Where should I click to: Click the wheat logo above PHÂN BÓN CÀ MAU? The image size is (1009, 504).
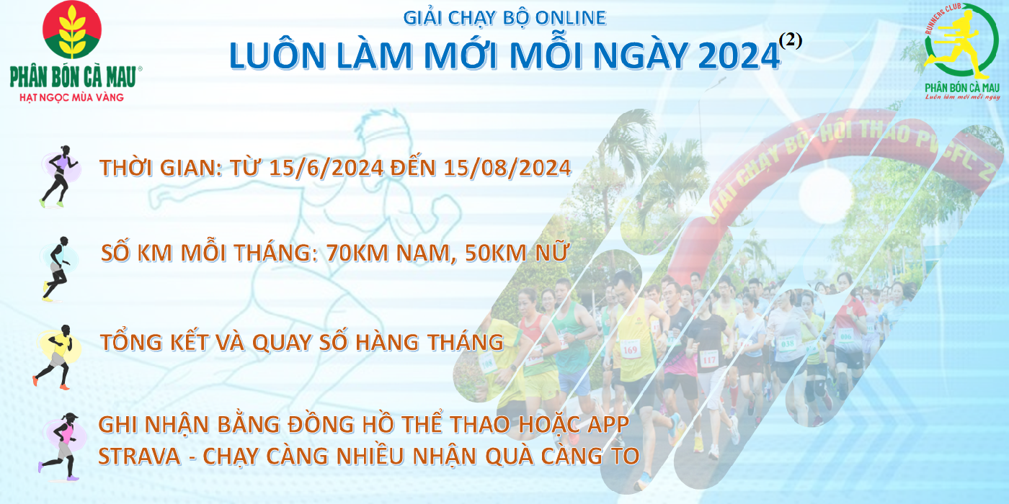[x=72, y=30]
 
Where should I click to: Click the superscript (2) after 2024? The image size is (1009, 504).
[x=791, y=42]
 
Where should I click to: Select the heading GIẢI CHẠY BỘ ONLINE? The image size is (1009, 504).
[x=504, y=18]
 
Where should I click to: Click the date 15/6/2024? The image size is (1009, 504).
[x=326, y=168]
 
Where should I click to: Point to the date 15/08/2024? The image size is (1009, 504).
[x=507, y=168]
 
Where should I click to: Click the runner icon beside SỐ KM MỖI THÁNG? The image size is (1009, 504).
[x=58, y=269]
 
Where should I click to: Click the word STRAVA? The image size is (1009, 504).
[x=139, y=456]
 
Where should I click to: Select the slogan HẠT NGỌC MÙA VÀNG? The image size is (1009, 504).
[x=71, y=97]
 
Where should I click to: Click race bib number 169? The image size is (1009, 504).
[x=630, y=350]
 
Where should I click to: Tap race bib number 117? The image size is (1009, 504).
[x=708, y=359]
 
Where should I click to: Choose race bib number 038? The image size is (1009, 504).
[x=787, y=344]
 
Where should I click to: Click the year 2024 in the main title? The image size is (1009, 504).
[x=739, y=56]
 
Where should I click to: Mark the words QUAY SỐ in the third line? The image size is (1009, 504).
[x=301, y=343]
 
